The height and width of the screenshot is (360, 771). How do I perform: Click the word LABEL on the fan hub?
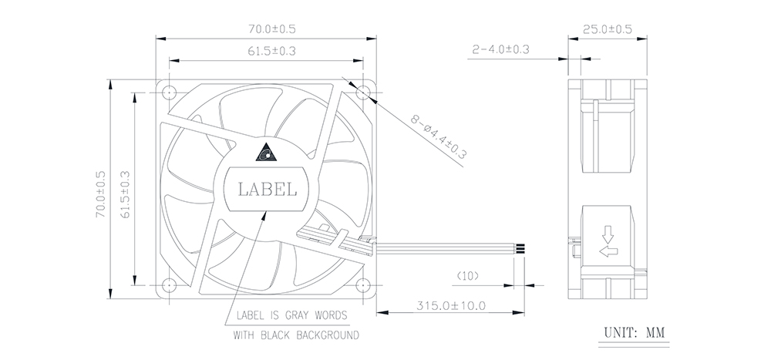(267, 189)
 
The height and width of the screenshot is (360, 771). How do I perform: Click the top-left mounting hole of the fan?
(169, 92)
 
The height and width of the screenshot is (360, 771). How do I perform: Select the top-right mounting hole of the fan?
(363, 92)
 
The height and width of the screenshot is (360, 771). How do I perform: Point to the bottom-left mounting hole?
(169, 284)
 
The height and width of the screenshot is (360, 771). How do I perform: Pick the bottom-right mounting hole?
(363, 284)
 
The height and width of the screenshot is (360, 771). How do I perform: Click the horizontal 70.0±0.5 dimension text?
(272, 29)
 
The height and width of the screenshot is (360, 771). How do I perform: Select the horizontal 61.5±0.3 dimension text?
(272, 51)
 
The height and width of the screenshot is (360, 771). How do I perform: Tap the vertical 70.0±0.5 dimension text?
(101, 195)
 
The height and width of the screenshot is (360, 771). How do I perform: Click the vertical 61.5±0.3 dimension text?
(125, 195)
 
